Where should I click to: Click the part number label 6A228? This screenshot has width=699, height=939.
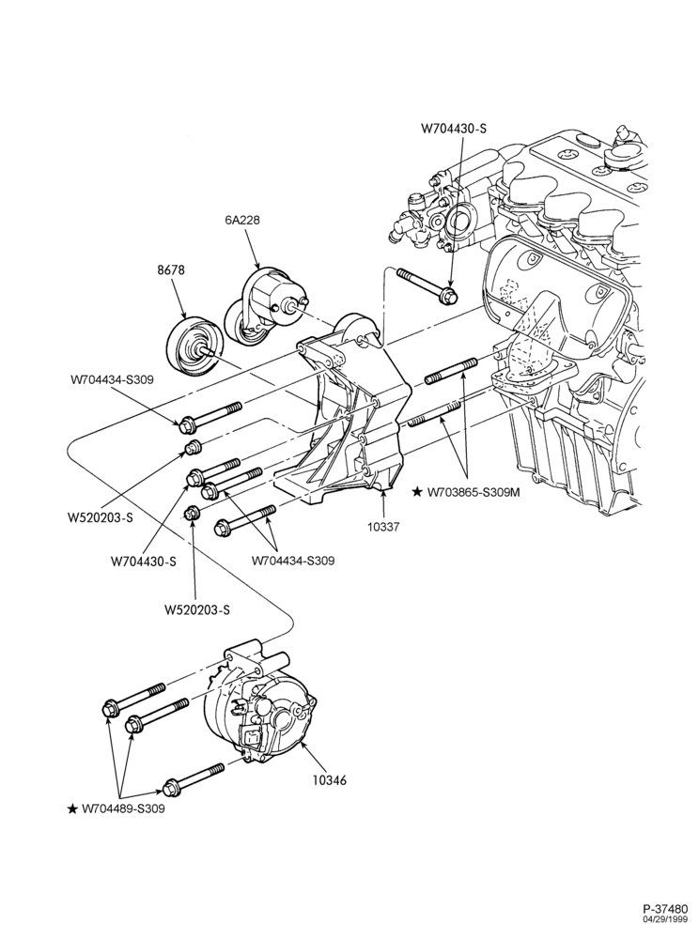coord(242,221)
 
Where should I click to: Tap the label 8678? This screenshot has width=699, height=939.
coord(171,270)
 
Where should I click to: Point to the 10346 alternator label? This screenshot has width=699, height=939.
coord(330,780)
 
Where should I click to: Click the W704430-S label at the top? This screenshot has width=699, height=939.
coord(454,128)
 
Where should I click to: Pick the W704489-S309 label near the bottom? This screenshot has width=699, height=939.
coord(123,809)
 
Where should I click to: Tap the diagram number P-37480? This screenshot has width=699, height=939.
coord(669,908)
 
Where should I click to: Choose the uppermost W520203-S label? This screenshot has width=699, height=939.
coord(100,518)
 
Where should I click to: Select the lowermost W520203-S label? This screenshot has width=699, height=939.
coord(197,610)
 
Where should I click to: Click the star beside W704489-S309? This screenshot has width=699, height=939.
coord(72,809)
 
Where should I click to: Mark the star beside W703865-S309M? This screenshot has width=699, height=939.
coord(417,492)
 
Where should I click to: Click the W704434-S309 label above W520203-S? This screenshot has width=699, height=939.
coord(112,378)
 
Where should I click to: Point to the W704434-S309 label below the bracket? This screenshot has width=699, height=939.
coord(293,562)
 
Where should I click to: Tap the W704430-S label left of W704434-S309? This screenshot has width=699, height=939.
coord(144,562)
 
